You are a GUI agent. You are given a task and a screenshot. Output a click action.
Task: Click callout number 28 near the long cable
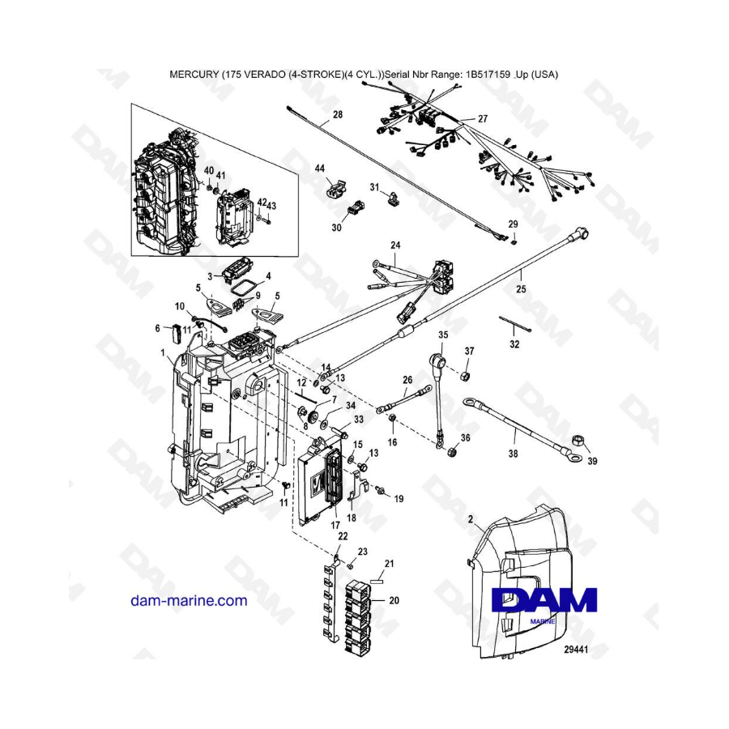(338, 114)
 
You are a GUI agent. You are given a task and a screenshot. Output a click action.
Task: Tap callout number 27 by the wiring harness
(483, 118)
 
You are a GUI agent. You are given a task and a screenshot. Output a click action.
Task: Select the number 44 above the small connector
(319, 168)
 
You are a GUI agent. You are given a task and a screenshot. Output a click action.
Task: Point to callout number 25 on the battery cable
(521, 289)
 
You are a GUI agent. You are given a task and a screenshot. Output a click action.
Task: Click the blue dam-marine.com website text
(189, 601)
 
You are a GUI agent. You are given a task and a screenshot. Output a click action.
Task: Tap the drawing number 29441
(576, 649)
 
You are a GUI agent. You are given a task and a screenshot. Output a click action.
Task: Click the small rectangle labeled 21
(377, 581)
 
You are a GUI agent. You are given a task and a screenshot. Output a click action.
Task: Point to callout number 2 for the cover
(471, 519)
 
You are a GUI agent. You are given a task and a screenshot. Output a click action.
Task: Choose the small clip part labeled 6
(177, 333)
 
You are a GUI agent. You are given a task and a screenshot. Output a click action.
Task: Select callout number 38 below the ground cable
(513, 454)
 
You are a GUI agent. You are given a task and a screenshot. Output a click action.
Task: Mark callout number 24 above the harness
(395, 245)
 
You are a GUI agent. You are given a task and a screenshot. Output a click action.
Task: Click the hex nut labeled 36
(451, 450)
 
